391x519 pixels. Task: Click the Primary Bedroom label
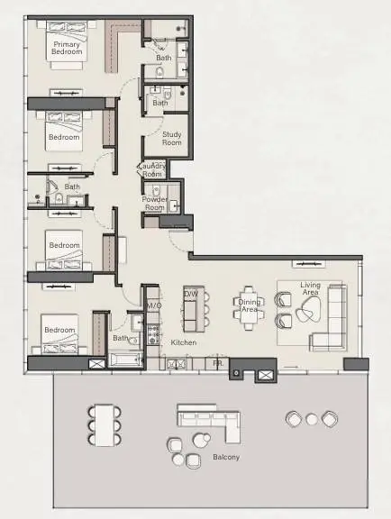pos(67,48)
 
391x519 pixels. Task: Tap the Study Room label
pos(172,139)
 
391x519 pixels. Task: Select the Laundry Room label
pos(152,169)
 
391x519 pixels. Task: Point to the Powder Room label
pos(155,204)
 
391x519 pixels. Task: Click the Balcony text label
pos(226,457)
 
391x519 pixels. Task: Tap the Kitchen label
pos(184,342)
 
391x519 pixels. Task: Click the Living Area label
pos(310,288)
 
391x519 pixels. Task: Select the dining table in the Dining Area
pos(249,308)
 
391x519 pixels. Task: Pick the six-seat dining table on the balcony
pos(105,425)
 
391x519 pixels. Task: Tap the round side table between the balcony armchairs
pos(312,419)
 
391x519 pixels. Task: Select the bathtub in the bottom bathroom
pos(125,360)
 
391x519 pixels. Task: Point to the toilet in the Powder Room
pos(156,191)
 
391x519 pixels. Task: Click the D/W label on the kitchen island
pos(191,294)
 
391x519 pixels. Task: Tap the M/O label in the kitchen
pos(154,305)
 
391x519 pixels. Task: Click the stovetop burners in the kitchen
pos(153,334)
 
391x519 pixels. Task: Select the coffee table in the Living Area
pos(308,309)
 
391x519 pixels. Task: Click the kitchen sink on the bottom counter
pos(177,364)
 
